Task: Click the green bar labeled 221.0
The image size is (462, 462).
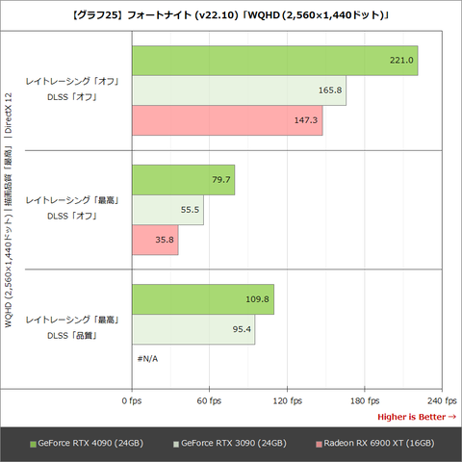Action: [273, 61]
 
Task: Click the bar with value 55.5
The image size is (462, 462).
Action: [167, 210]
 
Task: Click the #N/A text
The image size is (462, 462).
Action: [147, 359]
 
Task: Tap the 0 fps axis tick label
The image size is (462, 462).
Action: [131, 400]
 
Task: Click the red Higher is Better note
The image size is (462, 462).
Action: [416, 417]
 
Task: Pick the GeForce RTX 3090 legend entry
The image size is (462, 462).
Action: [232, 443]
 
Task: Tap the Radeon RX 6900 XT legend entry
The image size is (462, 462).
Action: [375, 443]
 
